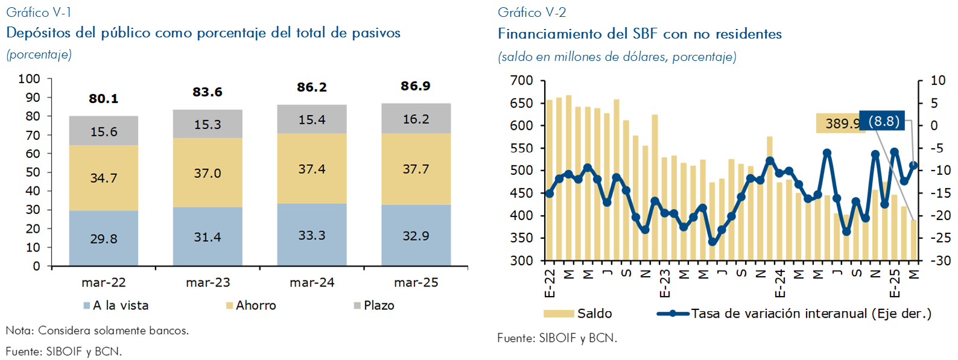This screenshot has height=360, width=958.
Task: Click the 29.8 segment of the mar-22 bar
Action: coord(104,239)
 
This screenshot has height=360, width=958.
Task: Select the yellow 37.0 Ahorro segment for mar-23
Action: coord(208,173)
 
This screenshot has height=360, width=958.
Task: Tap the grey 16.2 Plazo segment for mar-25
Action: coord(416,119)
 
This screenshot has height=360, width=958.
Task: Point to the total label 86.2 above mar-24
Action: coord(312,87)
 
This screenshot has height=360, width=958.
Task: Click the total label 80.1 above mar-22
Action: coord(104,99)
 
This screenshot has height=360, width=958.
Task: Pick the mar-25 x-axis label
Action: coord(416,282)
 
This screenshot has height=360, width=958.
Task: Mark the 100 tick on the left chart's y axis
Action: coord(29,79)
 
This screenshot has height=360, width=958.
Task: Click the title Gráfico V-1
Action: coord(39,12)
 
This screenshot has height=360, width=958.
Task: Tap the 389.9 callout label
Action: coord(841,124)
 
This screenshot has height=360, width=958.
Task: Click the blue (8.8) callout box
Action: coord(883,121)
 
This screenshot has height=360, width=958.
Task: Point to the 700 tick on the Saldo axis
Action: coord(521,81)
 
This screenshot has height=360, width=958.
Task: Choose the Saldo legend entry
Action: coord(594,314)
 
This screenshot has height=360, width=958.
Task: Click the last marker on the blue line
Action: coord(913,165)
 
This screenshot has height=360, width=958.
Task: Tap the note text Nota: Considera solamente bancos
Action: coord(97,330)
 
